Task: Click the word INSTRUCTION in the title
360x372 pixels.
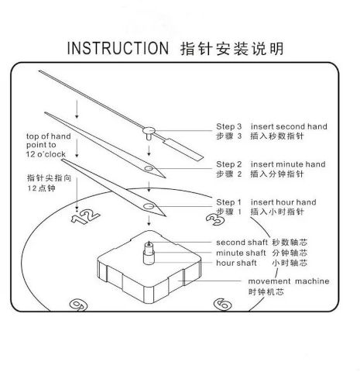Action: click(x=118, y=48)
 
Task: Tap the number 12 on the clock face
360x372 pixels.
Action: click(x=85, y=217)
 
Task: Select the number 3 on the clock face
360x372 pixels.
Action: click(x=215, y=219)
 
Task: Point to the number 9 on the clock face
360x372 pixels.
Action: click(x=78, y=305)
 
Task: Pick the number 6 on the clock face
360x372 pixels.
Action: click(x=223, y=304)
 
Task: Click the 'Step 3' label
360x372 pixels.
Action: click(x=229, y=126)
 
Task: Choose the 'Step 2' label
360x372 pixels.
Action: click(x=229, y=164)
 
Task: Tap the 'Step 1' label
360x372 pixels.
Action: click(x=228, y=202)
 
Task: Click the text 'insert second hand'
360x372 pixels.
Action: click(x=289, y=126)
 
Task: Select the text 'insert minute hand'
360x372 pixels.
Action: click(x=288, y=164)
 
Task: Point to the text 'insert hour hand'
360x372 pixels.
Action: click(x=283, y=202)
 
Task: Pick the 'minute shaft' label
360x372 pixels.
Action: click(x=241, y=253)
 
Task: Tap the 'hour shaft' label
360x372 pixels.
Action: click(x=236, y=263)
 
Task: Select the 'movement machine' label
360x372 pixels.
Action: click(x=289, y=281)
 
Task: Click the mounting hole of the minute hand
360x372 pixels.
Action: click(x=149, y=169)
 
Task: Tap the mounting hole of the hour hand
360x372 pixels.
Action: click(x=149, y=206)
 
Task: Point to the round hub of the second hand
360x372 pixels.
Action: click(x=149, y=130)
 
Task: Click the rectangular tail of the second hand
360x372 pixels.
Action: click(x=183, y=150)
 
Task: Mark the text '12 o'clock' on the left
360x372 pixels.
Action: click(x=46, y=154)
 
